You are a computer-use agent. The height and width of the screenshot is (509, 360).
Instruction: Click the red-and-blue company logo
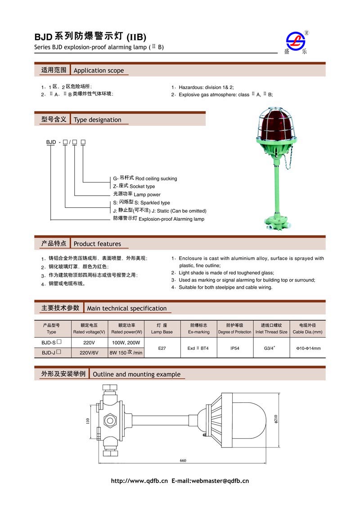[x=297, y=42]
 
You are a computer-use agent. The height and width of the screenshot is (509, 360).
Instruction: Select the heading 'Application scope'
[x=98, y=71]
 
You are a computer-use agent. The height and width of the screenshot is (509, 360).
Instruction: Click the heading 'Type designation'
[x=97, y=120]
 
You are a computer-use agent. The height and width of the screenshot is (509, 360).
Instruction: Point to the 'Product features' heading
[x=97, y=244]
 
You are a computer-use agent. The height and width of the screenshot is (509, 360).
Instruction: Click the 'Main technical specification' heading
[x=126, y=308]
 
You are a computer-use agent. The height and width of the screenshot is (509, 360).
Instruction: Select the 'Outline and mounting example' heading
[x=136, y=374]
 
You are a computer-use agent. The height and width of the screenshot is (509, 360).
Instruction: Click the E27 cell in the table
[x=162, y=348]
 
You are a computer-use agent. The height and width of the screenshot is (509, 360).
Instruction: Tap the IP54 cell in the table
[x=234, y=348]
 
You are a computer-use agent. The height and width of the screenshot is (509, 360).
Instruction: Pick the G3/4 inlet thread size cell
[x=271, y=348]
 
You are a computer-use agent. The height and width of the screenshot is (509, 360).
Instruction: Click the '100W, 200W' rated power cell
[x=126, y=343]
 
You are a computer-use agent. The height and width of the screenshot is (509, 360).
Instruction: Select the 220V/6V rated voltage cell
[x=89, y=353]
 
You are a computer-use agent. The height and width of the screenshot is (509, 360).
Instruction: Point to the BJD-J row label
[x=51, y=353]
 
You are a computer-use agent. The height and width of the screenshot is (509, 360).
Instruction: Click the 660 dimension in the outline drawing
[x=183, y=460]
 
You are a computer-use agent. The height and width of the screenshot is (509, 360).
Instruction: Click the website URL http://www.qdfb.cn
[x=139, y=481]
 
